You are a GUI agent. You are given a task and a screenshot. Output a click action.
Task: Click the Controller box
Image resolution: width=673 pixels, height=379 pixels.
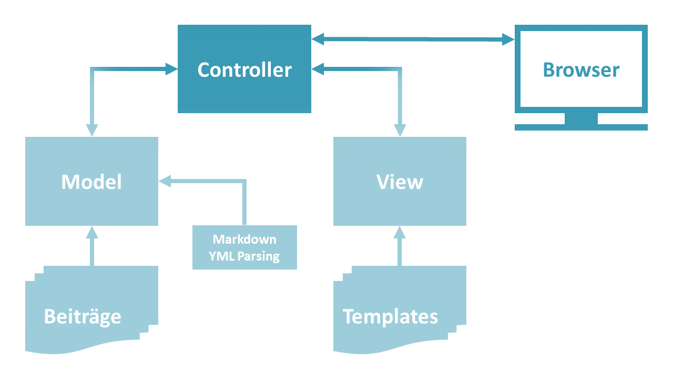[x=244, y=69]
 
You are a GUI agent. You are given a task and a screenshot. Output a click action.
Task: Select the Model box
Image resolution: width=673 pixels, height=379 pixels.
[x=91, y=181]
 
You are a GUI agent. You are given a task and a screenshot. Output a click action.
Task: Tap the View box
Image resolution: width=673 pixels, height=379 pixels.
[x=400, y=181]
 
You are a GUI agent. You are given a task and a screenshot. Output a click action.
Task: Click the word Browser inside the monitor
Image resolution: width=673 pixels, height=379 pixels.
[x=581, y=69]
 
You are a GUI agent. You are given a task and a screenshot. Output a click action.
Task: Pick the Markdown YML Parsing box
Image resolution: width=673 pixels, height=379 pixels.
[x=244, y=247]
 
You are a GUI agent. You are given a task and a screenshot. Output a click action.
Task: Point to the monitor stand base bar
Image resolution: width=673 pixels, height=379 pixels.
[x=581, y=127]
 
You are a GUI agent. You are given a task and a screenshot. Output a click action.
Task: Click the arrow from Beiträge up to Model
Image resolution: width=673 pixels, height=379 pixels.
[x=92, y=247]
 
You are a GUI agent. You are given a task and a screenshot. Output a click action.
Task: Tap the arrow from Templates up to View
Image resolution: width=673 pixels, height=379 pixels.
[x=400, y=247]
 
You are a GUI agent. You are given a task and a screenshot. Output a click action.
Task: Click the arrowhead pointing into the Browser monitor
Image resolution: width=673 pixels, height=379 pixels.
[x=507, y=39]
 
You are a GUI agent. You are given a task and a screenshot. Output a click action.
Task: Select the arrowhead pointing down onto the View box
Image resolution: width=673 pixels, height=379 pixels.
[x=400, y=129]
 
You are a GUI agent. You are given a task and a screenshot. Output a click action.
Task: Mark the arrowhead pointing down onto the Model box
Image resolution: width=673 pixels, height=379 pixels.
[x=92, y=129]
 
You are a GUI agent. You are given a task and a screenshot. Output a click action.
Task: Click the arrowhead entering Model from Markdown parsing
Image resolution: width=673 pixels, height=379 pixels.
[x=165, y=182]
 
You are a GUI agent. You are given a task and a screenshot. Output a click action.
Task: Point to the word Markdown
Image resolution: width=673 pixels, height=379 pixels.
[x=244, y=240]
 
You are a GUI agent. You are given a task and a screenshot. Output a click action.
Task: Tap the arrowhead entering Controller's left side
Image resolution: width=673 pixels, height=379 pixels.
[x=171, y=69]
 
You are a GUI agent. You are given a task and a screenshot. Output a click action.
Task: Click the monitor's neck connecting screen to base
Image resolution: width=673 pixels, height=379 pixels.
[x=581, y=118]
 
